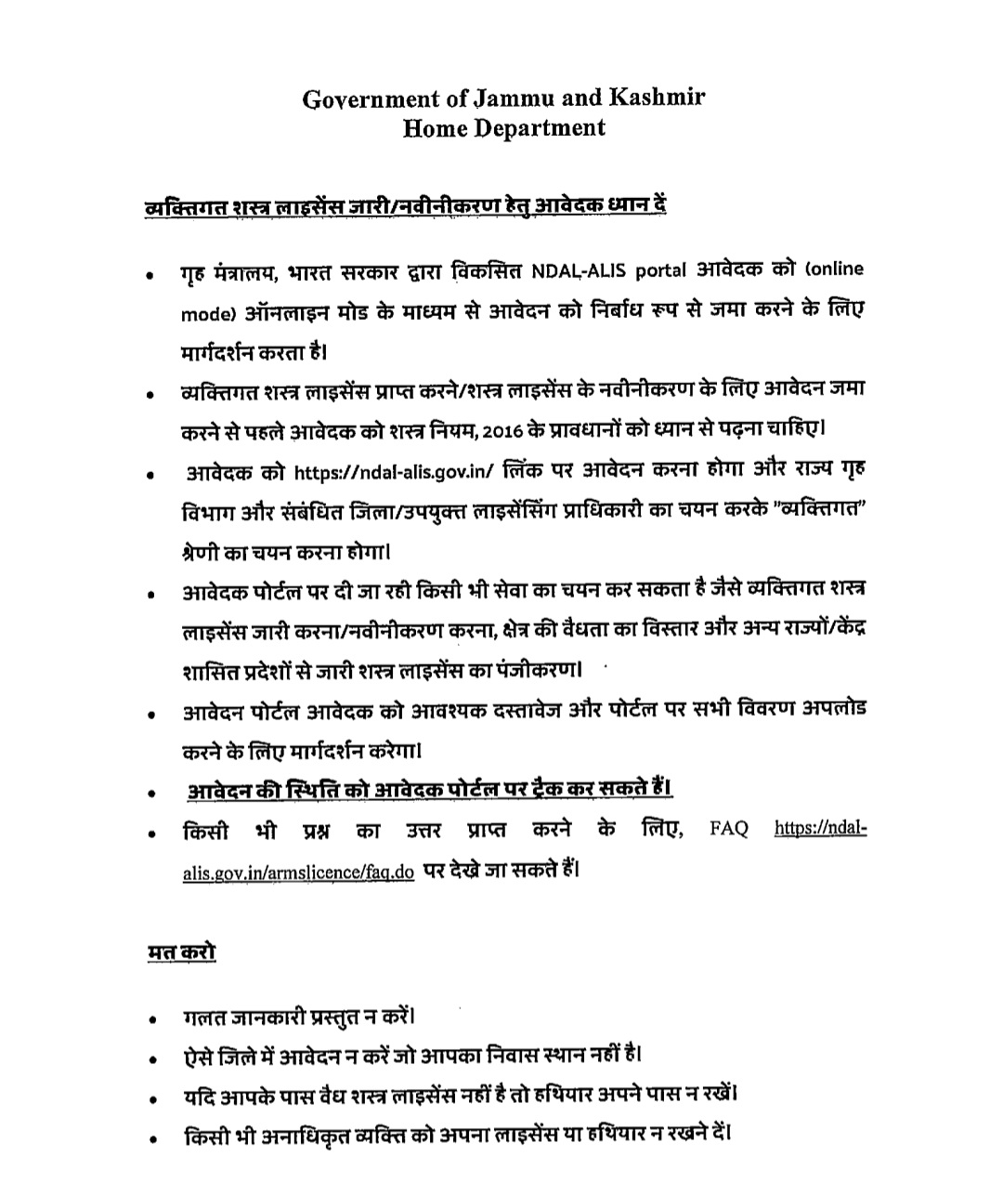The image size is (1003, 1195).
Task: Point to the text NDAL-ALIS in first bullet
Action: [580, 270]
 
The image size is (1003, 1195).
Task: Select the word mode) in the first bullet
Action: [204, 314]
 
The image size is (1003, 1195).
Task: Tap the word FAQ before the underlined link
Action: [729, 828]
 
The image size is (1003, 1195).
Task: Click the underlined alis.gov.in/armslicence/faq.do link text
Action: [299, 873]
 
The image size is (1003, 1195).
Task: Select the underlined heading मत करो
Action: [182, 952]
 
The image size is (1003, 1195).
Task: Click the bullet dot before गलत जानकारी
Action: [150, 1019]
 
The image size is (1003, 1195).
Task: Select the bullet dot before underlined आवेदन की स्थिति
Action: [150, 794]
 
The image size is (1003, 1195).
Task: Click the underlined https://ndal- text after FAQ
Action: [821, 828]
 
